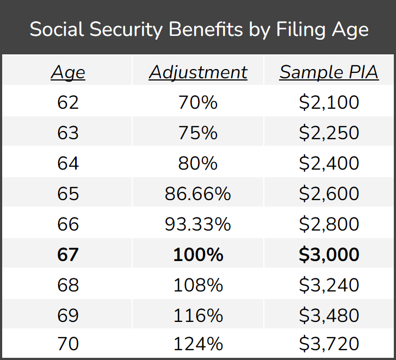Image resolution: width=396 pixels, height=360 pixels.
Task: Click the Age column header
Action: pos(68,72)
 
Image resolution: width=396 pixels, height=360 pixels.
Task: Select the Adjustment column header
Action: pos(198,72)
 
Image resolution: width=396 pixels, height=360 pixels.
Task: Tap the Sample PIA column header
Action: pos(329,72)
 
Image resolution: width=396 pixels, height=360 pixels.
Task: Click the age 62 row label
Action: pos(68,102)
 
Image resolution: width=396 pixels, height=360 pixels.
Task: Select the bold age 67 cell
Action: pos(68,255)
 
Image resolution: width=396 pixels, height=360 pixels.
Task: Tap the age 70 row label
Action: pos(68,344)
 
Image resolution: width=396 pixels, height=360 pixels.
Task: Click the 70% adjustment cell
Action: pos(198,102)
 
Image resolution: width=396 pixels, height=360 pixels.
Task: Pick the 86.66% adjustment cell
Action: pos(198,194)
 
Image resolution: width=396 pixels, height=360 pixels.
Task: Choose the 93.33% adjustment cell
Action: pos(198,224)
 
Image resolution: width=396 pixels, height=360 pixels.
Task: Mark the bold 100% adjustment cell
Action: pos(198,255)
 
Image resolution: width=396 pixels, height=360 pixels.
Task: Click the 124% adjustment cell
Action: pos(198,344)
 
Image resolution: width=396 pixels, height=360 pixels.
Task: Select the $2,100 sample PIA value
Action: pos(329,102)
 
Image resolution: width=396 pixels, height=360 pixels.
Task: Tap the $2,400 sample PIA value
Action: pos(329,163)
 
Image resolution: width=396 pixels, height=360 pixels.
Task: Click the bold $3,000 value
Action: pos(329,255)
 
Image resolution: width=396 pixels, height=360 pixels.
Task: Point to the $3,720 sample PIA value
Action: pos(329,344)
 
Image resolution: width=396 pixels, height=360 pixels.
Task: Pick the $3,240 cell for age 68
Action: pos(329,285)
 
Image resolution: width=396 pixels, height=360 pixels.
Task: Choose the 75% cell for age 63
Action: pos(198,133)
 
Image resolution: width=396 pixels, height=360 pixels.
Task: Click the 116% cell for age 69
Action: pos(198,315)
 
